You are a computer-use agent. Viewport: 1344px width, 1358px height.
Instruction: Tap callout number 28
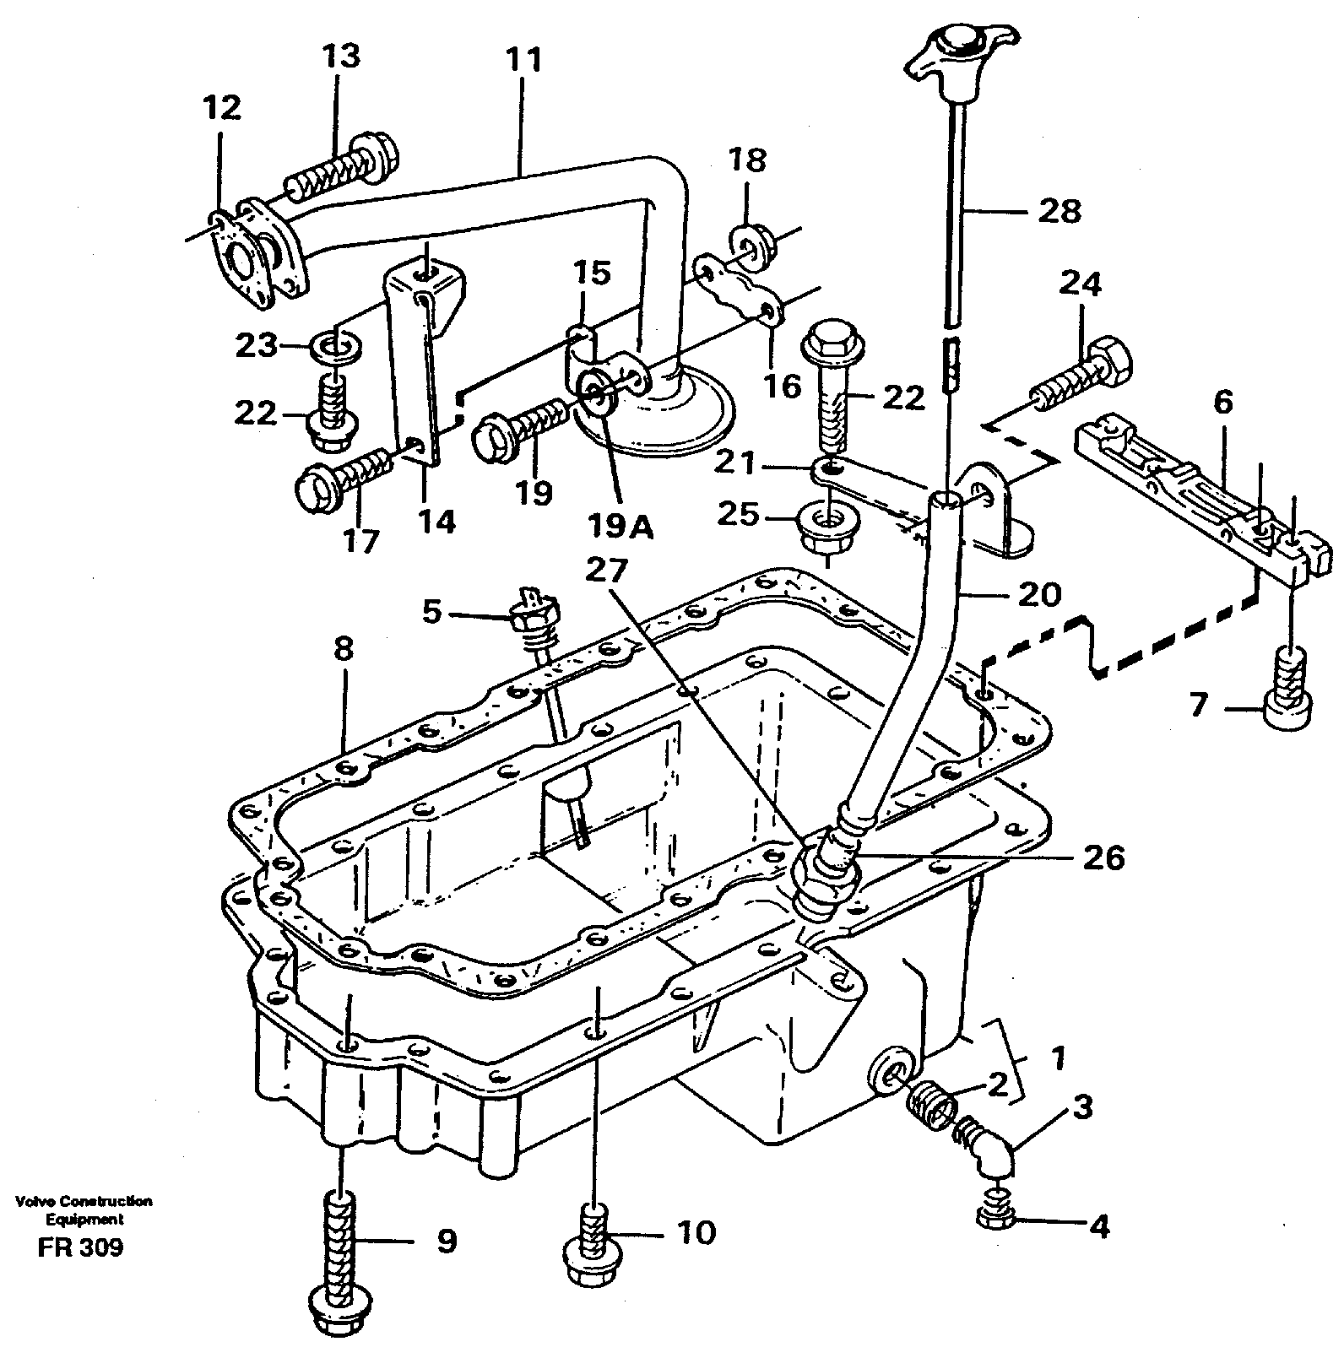point(1059,210)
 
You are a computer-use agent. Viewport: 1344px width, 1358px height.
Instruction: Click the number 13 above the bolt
point(340,56)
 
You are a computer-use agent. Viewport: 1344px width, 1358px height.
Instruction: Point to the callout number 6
point(1223,403)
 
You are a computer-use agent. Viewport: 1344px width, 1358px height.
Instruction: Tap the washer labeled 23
point(338,345)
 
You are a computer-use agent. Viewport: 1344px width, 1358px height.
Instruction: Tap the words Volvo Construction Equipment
point(82,1209)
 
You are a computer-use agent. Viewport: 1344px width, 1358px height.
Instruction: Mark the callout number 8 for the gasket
point(343,650)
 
